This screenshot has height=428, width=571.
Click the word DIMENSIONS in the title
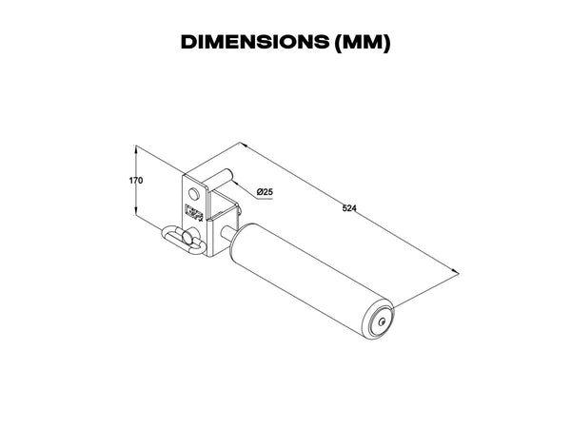coord(254,42)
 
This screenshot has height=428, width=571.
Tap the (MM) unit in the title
coord(362,43)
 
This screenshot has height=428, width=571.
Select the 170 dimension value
coord(136,180)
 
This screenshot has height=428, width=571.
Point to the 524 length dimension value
coord(349,208)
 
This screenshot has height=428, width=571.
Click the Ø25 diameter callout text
coord(265,192)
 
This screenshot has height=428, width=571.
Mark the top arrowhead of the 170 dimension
coord(136,148)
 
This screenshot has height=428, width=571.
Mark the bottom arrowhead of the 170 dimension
coord(136,212)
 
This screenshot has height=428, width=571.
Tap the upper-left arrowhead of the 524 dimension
coord(244,145)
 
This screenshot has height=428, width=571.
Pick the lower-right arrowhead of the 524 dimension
coord(455,272)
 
